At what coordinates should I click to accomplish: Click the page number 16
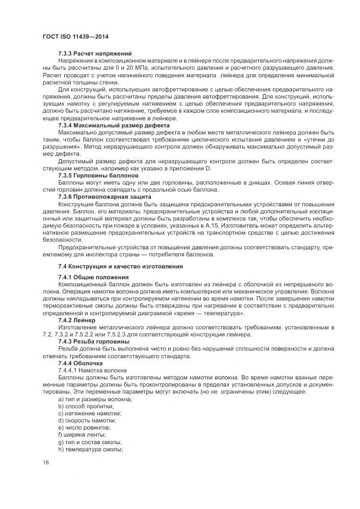point(45,463)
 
